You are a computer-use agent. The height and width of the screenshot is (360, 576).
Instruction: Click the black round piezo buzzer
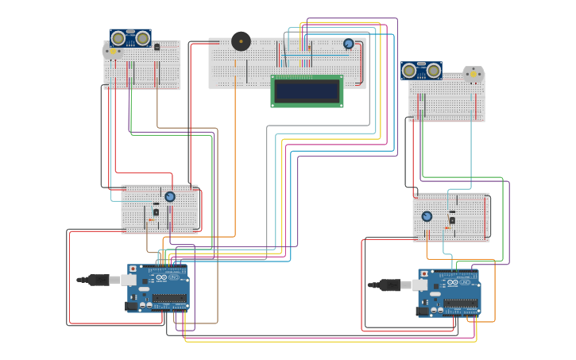(x=241, y=41)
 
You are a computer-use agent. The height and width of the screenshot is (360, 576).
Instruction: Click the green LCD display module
(x=307, y=91)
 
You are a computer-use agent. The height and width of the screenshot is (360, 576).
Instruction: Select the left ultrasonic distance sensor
(x=130, y=38)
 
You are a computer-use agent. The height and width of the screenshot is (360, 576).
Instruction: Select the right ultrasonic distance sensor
(x=421, y=71)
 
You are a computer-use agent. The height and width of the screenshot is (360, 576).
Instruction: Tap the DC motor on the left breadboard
(x=111, y=51)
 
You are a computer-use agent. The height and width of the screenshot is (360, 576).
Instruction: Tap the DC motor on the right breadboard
(x=474, y=75)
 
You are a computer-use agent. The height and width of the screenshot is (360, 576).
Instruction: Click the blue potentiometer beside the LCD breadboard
(x=349, y=45)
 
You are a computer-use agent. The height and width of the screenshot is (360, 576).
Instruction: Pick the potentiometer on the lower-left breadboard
(x=170, y=196)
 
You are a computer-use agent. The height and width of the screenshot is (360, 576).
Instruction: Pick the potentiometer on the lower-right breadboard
(x=427, y=216)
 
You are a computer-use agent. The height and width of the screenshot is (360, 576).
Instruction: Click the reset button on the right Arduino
(x=423, y=274)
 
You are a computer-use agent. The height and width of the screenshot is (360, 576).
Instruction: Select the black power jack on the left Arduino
(x=131, y=305)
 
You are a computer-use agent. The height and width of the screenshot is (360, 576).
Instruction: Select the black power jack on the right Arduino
(x=423, y=311)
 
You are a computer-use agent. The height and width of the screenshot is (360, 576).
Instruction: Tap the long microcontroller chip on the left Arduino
(x=169, y=299)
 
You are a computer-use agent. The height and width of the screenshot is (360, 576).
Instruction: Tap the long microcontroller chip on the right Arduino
(x=461, y=304)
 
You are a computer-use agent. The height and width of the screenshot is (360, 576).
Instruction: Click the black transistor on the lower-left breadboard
(x=156, y=212)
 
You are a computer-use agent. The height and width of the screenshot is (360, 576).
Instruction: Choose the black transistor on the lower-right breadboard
(x=452, y=220)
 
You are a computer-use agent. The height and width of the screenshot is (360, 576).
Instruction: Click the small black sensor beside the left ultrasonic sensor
(x=157, y=48)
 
